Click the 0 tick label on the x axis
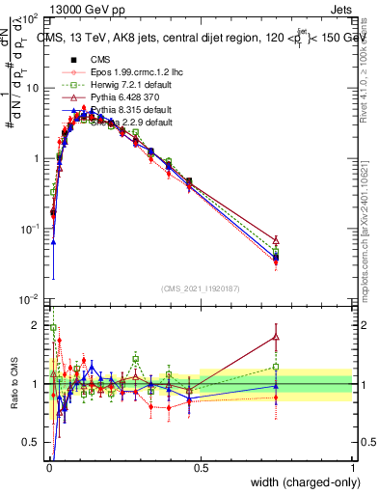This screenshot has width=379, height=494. point(48,467)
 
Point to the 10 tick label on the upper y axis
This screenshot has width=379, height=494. point(32,88)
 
